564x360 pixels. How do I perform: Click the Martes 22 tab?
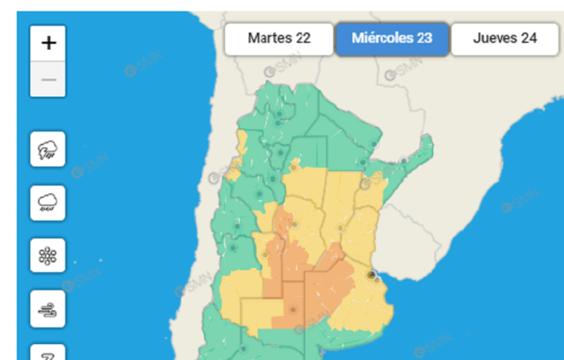(278, 39)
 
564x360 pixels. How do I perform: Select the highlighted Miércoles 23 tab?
(391, 39)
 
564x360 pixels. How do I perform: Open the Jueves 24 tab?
(505, 39)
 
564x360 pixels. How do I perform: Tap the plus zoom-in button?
(48, 43)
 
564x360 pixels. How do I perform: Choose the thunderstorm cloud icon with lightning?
(48, 150)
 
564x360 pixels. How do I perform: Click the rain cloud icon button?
(48, 203)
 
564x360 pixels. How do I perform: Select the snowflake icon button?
(48, 256)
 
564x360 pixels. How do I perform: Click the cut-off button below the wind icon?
(48, 353)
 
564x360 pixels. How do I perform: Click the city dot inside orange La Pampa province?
(293, 310)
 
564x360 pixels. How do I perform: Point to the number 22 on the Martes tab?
(303, 39)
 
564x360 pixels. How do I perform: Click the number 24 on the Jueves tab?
(529, 39)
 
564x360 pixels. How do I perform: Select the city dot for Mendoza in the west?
(234, 248)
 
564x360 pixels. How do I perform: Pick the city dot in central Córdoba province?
(294, 224)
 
